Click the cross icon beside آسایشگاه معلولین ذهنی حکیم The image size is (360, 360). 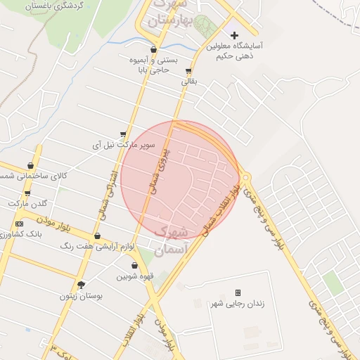(x=235, y=35)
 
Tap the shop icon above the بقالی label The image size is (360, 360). (x=188, y=71)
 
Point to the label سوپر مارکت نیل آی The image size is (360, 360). (x=124, y=146)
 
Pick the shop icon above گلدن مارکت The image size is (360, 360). (x=27, y=193)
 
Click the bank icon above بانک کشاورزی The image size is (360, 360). (x=19, y=224)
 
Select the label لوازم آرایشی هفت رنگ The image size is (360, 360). (x=98, y=246)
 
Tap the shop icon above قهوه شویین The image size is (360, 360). (x=136, y=266)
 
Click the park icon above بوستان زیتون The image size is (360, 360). (x=81, y=285)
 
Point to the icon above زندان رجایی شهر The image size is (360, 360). (x=238, y=292)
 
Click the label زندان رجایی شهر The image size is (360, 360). (x=238, y=303)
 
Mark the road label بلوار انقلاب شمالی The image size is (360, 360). (x=221, y=207)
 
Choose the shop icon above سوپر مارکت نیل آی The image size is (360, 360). (x=124, y=134)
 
